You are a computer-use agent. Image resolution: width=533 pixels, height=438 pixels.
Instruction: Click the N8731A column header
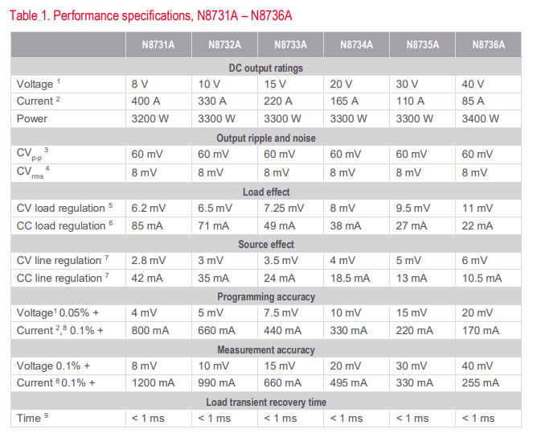coord(159,45)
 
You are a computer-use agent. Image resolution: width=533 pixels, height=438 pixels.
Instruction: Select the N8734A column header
coord(356,45)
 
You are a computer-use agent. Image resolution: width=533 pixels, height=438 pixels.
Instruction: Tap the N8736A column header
coord(488,45)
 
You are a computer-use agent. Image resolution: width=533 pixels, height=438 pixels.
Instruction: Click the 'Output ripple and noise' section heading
coord(266,138)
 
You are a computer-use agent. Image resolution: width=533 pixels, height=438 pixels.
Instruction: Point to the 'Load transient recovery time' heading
coord(266,402)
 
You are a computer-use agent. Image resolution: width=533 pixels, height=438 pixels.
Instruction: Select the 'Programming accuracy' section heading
coord(266,296)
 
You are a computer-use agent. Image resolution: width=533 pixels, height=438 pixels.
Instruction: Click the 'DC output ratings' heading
coord(266,68)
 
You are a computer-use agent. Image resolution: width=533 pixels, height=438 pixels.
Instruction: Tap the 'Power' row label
coord(32,118)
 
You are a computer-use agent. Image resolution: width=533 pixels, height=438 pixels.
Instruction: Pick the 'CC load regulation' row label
coord(60,225)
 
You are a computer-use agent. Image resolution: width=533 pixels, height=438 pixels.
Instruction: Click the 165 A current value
coord(343,101)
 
